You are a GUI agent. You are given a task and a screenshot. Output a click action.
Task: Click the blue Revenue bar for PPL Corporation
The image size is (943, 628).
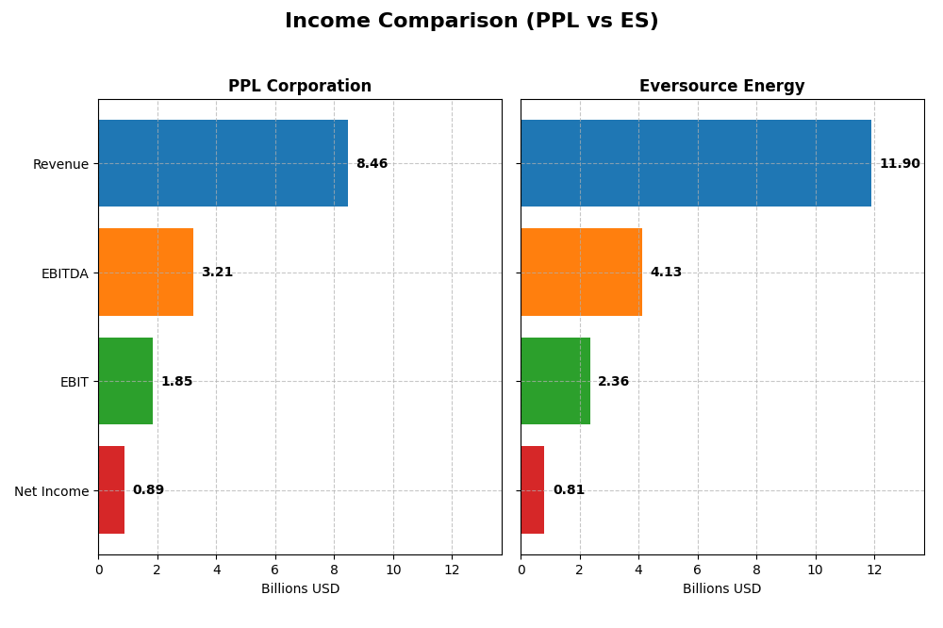tap(223, 163)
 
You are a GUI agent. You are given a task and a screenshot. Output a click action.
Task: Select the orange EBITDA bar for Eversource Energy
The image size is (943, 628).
tap(581, 272)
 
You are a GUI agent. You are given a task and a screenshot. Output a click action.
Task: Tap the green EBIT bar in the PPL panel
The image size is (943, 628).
tap(125, 381)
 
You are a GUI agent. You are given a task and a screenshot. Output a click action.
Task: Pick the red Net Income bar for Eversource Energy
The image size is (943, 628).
tap(533, 489)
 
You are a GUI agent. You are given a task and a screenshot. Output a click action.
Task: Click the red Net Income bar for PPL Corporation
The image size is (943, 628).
tap(111, 489)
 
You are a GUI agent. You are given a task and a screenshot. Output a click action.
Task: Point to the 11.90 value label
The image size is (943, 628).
tap(899, 164)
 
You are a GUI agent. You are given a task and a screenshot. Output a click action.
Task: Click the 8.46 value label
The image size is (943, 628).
tap(372, 164)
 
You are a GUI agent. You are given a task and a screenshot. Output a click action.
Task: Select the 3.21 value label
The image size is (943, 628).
tap(217, 273)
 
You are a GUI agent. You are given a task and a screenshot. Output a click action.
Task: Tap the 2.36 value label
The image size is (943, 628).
tap(613, 382)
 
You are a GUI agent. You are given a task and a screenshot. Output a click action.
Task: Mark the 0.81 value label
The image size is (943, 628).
tap(569, 490)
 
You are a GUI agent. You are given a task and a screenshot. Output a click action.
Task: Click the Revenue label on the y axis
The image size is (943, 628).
tap(60, 165)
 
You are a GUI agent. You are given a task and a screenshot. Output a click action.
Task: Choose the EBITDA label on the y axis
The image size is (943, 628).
tap(64, 273)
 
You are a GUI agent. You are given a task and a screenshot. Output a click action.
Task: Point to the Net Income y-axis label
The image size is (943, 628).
tap(51, 491)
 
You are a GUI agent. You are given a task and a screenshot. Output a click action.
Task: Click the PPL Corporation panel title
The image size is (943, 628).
tap(300, 87)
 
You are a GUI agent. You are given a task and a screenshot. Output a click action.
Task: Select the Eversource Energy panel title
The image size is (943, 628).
tap(721, 87)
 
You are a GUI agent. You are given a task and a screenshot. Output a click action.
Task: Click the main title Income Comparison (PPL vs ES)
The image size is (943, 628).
tap(471, 22)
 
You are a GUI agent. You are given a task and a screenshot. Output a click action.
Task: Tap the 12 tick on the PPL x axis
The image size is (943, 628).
tap(452, 570)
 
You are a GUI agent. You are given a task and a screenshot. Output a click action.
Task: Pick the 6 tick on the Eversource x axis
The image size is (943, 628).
tap(697, 570)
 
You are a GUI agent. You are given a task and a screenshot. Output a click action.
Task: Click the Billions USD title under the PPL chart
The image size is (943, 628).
tap(300, 589)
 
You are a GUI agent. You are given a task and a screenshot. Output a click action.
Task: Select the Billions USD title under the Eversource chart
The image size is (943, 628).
tap(721, 589)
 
